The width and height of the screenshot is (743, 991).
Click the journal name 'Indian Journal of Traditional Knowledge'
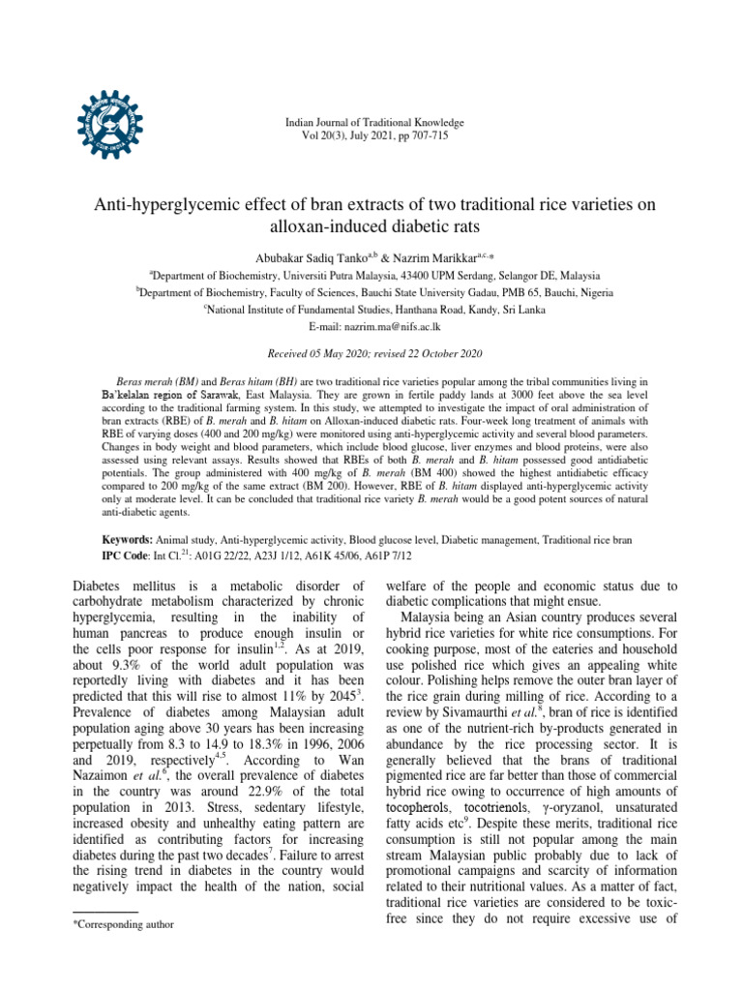(373, 123)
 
